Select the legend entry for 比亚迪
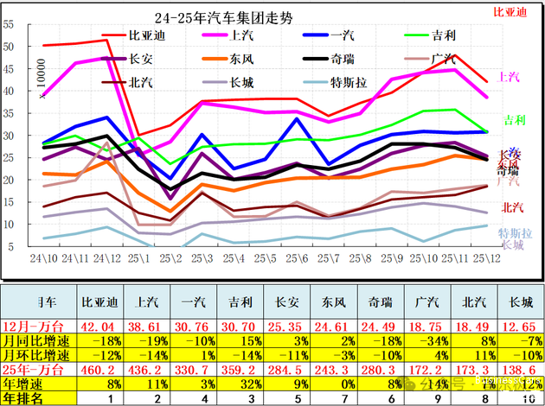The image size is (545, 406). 146,35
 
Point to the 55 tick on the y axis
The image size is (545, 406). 9,23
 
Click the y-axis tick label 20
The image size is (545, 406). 9,179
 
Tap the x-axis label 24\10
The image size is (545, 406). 42,257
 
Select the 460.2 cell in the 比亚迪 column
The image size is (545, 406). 98,369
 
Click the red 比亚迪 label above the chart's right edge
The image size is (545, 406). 510,12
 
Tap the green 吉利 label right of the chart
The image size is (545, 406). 513,119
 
